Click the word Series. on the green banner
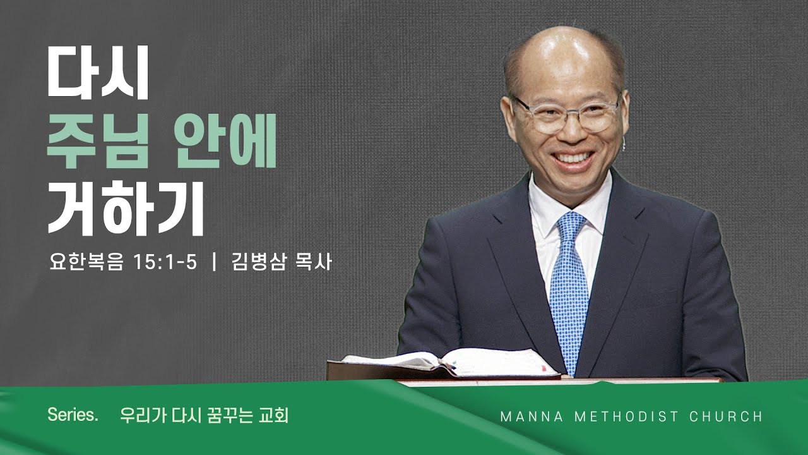73,416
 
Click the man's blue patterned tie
569,291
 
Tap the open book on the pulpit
448,363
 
